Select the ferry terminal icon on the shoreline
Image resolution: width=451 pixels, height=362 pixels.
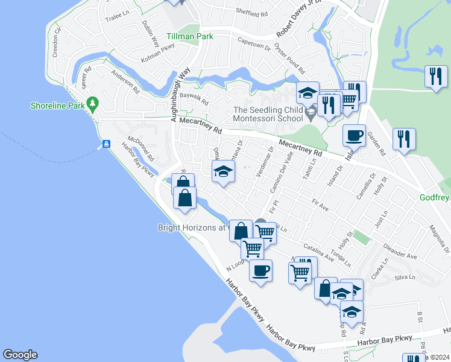click(x=106, y=144)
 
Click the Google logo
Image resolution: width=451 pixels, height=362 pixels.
click(x=20, y=355)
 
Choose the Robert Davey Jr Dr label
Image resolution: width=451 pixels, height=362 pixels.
click(x=300, y=24)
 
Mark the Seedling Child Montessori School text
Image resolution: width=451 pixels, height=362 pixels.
click(x=268, y=114)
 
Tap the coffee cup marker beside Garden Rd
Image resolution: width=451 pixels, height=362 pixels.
click(x=355, y=135)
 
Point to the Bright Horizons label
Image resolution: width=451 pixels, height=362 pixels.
click(x=191, y=227)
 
